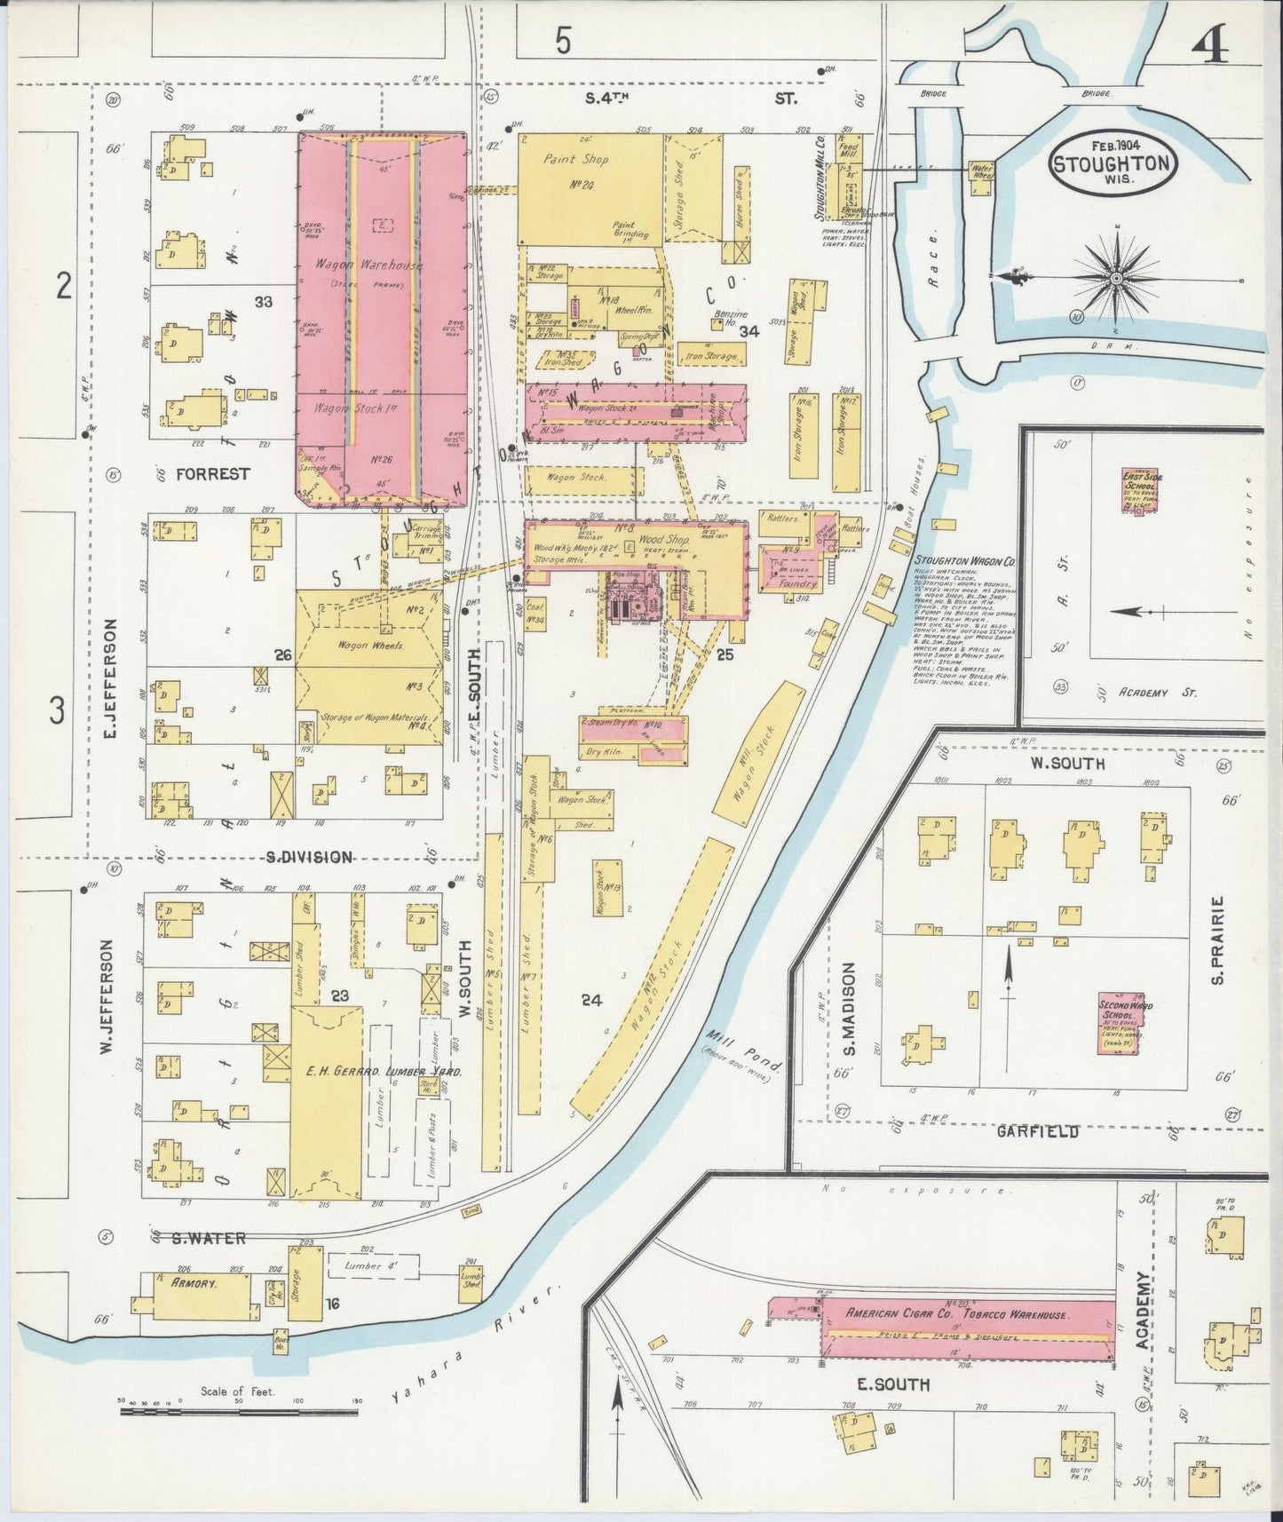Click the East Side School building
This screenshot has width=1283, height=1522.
[1141, 488]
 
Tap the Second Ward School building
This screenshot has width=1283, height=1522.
[1119, 1022]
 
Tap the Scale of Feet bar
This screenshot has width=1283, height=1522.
[237, 1409]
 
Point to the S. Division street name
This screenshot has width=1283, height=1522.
[309, 857]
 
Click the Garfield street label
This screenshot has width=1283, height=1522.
[1037, 1131]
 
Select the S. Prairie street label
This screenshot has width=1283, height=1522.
[1217, 939]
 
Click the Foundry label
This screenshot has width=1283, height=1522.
[799, 584]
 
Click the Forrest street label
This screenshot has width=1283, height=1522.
[212, 473]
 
